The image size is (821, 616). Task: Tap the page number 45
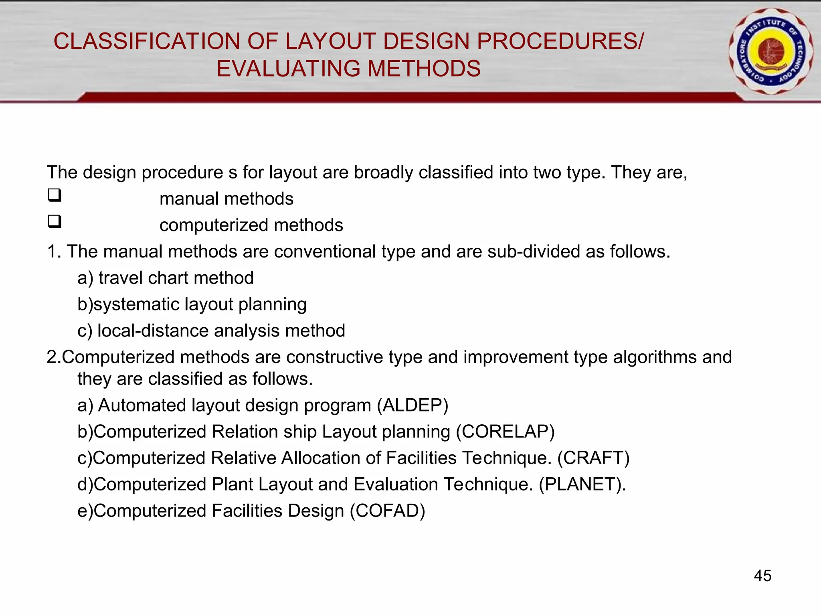762,576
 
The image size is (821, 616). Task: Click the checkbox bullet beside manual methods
55,195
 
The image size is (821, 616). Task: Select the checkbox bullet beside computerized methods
55,221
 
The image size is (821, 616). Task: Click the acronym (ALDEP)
413,405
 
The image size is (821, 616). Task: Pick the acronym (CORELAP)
505,432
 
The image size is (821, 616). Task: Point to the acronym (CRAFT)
593,458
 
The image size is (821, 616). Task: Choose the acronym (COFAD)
387,511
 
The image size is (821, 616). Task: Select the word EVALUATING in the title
288,69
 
